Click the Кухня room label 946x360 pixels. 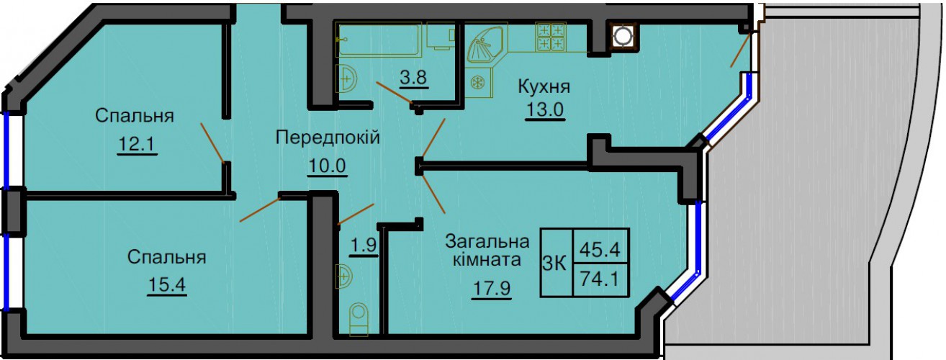(x=544, y=87)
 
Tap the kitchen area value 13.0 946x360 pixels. (x=545, y=110)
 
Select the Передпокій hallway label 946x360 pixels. (x=328, y=138)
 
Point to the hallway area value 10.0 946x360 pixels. (x=328, y=166)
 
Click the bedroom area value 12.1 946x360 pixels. (x=138, y=145)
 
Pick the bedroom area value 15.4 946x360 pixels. (x=167, y=285)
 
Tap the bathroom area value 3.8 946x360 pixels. (x=413, y=77)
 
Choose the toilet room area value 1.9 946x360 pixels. (x=364, y=245)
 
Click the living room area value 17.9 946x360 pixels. (x=492, y=289)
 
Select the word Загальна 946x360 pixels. (x=487, y=242)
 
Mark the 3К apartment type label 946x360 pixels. (x=554, y=264)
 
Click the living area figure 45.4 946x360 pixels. (x=600, y=250)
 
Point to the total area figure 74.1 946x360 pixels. (x=600, y=279)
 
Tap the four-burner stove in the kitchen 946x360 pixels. (x=551, y=37)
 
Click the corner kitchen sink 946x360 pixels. (x=486, y=45)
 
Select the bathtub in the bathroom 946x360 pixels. (x=379, y=40)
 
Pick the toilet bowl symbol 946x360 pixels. (x=359, y=320)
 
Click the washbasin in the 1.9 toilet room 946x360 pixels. (x=345, y=276)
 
